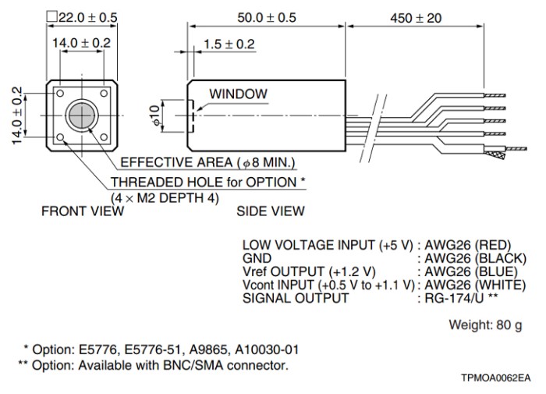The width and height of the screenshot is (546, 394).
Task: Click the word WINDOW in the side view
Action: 237,94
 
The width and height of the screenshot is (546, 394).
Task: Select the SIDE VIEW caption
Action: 271,211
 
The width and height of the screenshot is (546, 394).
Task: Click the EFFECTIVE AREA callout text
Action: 207,162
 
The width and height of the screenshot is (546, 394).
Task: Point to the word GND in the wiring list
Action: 257,257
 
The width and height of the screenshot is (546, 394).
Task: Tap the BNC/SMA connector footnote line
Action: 157,364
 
